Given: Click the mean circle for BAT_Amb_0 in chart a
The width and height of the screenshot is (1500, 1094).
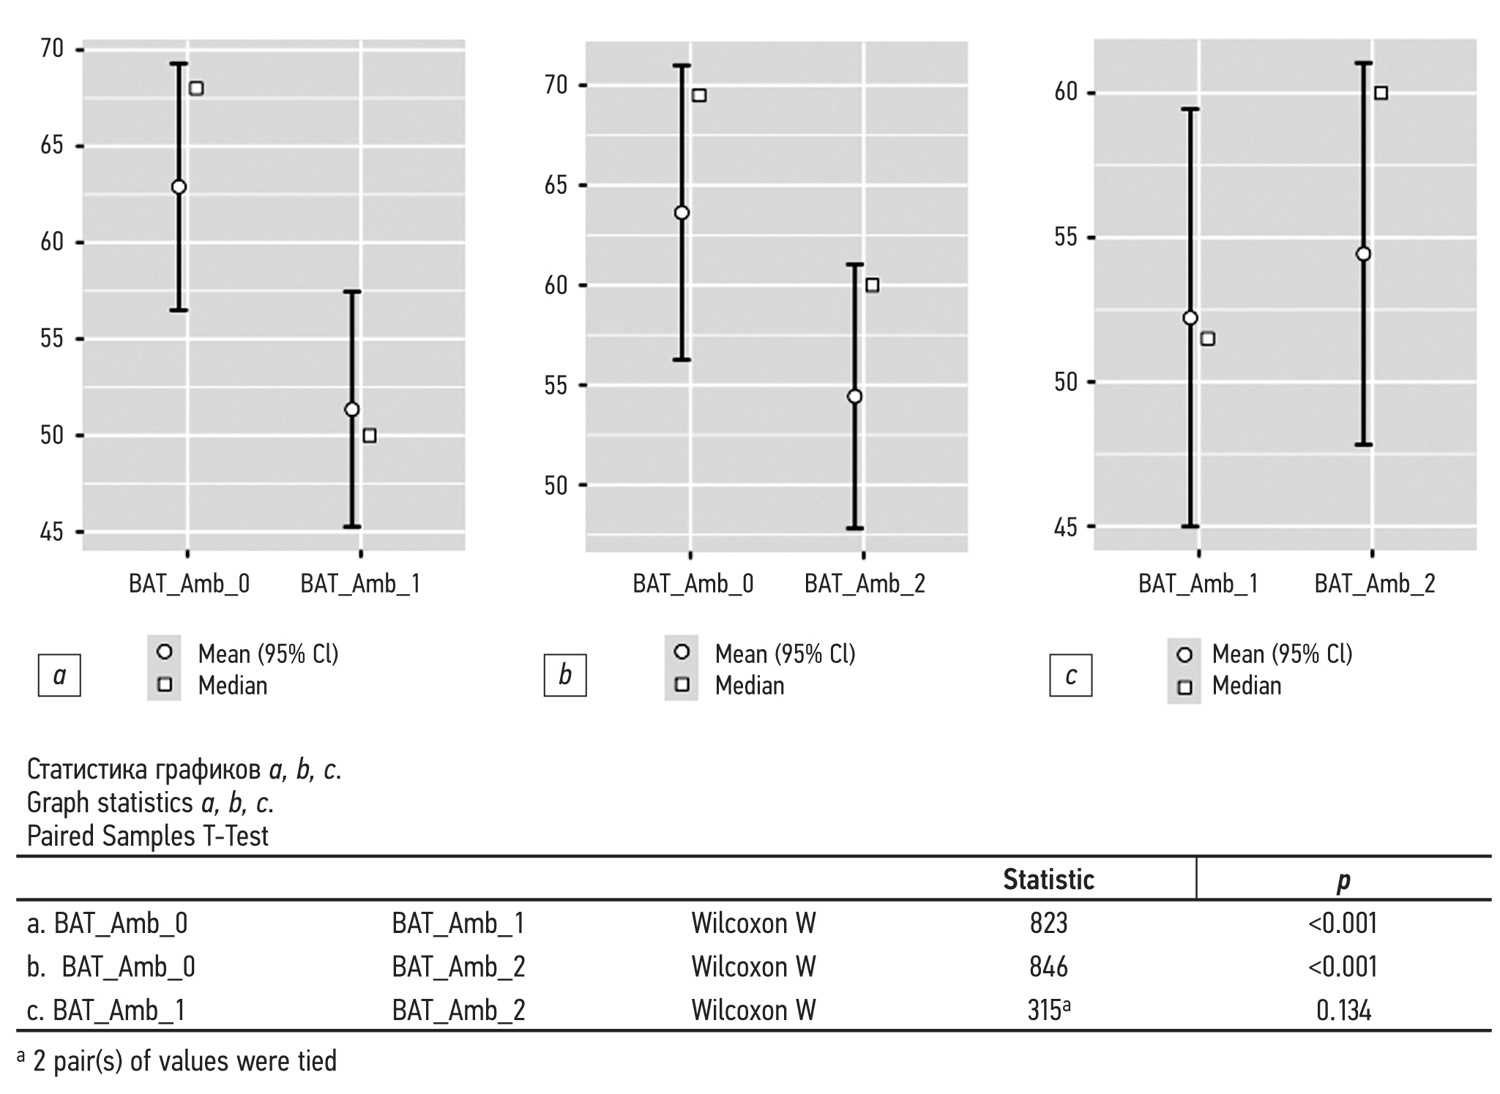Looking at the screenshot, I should pos(179,187).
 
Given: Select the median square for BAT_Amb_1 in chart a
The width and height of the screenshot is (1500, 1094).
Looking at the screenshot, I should pos(370,435).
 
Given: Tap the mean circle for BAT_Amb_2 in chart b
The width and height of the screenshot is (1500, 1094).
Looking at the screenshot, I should pos(854,397).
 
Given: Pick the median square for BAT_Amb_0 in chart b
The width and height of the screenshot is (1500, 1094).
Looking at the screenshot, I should pos(699,95).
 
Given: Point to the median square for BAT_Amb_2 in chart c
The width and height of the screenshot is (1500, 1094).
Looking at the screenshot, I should pos(1381,93).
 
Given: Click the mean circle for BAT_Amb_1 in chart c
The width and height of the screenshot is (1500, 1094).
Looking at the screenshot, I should pos(1190,318).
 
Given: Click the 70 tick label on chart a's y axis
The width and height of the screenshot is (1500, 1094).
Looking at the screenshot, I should pos(53,50).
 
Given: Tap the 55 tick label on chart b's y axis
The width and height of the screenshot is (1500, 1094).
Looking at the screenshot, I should pos(556,386).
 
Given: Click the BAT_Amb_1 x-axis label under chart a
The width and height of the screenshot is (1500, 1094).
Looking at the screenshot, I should pos(360,584).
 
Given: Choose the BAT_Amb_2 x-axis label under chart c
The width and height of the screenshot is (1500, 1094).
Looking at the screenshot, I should pos(1374,584).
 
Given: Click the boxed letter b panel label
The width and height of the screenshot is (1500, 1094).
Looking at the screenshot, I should pos(564,675).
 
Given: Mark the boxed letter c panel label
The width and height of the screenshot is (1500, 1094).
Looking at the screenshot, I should pos(1070,675).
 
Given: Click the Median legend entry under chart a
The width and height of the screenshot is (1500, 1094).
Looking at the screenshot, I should pos(232,686).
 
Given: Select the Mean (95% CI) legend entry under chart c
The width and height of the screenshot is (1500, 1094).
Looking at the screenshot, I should pos(1281,653).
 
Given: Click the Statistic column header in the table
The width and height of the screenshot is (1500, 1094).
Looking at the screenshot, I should pos(1048,879).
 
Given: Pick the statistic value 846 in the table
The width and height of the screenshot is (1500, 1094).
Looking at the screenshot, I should pos(1048,967).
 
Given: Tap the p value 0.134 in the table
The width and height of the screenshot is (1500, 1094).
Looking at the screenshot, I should pos(1343,1011).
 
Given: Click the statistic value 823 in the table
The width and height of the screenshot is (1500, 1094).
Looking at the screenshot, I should pos(1048,923).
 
